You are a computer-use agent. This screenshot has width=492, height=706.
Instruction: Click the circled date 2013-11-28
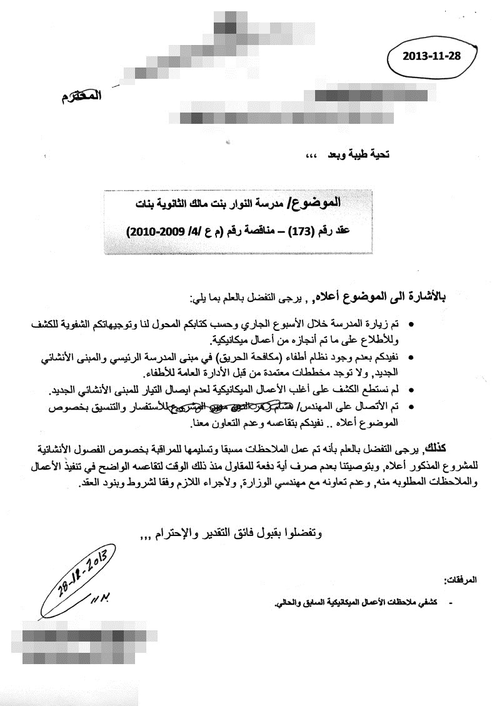point(431,56)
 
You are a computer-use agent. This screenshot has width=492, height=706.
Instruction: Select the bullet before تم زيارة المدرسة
point(411,325)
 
